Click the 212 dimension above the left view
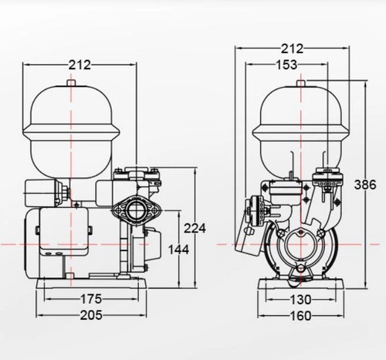80,65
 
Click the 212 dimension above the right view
292,49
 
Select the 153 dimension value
286,65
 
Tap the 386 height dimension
365,185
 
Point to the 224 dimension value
195,228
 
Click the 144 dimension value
178,250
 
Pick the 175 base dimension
91,299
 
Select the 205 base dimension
91,315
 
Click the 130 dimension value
300,300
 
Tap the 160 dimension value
300,316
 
